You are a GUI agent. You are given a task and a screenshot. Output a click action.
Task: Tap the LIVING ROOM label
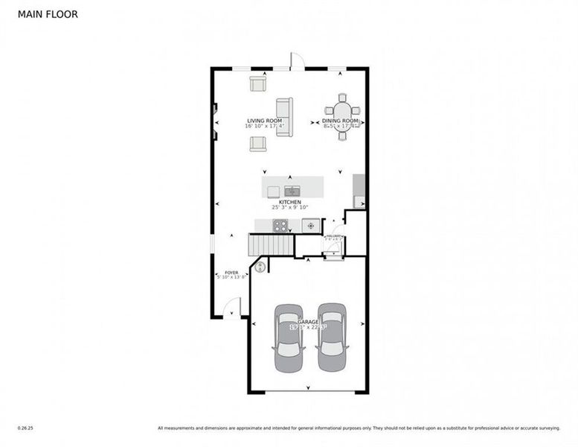pyautogui.click(x=264, y=120)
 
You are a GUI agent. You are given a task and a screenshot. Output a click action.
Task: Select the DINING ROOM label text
pyautogui.click(x=341, y=120)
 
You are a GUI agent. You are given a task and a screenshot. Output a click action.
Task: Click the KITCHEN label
pyautogui.click(x=289, y=202)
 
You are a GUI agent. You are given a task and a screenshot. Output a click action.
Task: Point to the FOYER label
pyautogui.click(x=231, y=273)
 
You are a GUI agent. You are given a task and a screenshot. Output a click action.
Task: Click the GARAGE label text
pyautogui.click(x=309, y=321)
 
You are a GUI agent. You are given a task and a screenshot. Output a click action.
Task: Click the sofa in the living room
pyautogui.click(x=285, y=117)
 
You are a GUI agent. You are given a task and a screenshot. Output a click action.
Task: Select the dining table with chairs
pyautogui.click(x=341, y=117)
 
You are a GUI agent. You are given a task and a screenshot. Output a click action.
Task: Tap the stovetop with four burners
pyautogui.click(x=282, y=225)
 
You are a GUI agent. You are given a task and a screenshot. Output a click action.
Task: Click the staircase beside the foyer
pyautogui.click(x=271, y=244)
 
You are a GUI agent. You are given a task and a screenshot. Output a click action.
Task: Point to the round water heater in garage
pyautogui.click(x=260, y=266)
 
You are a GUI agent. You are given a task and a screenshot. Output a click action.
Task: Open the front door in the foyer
pyautogui.click(x=232, y=308)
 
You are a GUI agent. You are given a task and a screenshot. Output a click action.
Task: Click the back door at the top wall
pyautogui.click(x=297, y=61)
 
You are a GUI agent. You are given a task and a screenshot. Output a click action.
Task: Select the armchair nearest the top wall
pyautogui.click(x=258, y=83)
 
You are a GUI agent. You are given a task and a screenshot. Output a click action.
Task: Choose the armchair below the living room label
pyautogui.click(x=258, y=143)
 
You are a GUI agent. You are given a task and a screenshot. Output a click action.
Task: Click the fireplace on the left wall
pyautogui.click(x=215, y=121)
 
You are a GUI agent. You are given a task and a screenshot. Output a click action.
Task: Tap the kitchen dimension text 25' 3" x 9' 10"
pyautogui.click(x=289, y=208)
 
